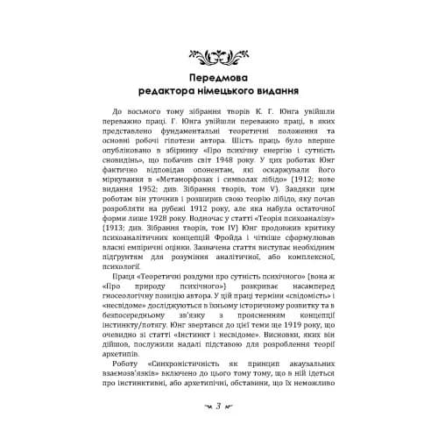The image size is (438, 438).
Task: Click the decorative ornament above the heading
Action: click(218, 58)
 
